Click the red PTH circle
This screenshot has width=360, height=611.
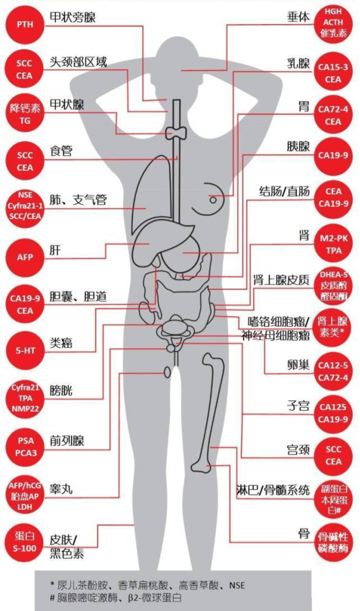25,25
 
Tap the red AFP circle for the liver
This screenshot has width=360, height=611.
25,257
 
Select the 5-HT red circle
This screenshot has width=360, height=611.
25,351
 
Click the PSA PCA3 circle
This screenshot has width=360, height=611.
25,447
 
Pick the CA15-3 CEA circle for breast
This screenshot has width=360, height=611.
333,73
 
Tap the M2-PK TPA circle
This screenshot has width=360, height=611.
333,245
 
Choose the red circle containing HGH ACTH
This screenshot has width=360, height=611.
333,23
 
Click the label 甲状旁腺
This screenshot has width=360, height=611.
72,18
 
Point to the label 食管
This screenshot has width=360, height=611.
61,151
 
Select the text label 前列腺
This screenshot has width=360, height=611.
67,441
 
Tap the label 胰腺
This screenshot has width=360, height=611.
298,146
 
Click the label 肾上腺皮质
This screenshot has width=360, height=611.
281,280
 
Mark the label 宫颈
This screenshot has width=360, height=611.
298,450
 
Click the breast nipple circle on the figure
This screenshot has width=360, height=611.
213,200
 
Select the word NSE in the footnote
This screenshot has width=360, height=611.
237,586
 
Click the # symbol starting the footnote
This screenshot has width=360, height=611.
52,598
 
